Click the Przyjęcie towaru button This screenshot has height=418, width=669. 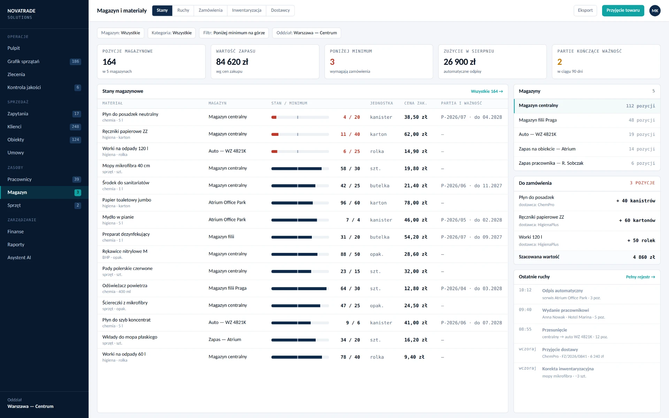click(623, 10)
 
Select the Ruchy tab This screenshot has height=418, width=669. click(183, 10)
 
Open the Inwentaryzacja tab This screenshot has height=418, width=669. click(247, 10)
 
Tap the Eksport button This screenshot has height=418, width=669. click(585, 10)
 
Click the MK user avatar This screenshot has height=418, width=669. click(655, 10)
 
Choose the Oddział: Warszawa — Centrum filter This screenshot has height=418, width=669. click(307, 33)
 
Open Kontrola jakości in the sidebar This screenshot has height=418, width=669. click(24, 87)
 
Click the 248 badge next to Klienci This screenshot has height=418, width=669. click(76, 127)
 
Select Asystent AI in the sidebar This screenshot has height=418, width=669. click(19, 257)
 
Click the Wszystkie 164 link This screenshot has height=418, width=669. click(487, 91)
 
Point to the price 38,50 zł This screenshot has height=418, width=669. click(416, 117)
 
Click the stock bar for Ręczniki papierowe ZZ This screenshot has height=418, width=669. click(300, 134)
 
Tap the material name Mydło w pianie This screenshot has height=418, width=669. click(118, 217)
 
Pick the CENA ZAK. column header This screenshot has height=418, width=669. click(416, 103)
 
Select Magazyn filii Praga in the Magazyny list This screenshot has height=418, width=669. click(538, 120)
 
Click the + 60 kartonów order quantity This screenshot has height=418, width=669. click(637, 220)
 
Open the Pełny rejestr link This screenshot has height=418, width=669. click(640, 277)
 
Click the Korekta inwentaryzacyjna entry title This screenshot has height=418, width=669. click(568, 369)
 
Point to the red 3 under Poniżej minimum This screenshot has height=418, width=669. click(332, 62)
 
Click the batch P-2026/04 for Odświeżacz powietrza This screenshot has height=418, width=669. click(453, 288)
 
